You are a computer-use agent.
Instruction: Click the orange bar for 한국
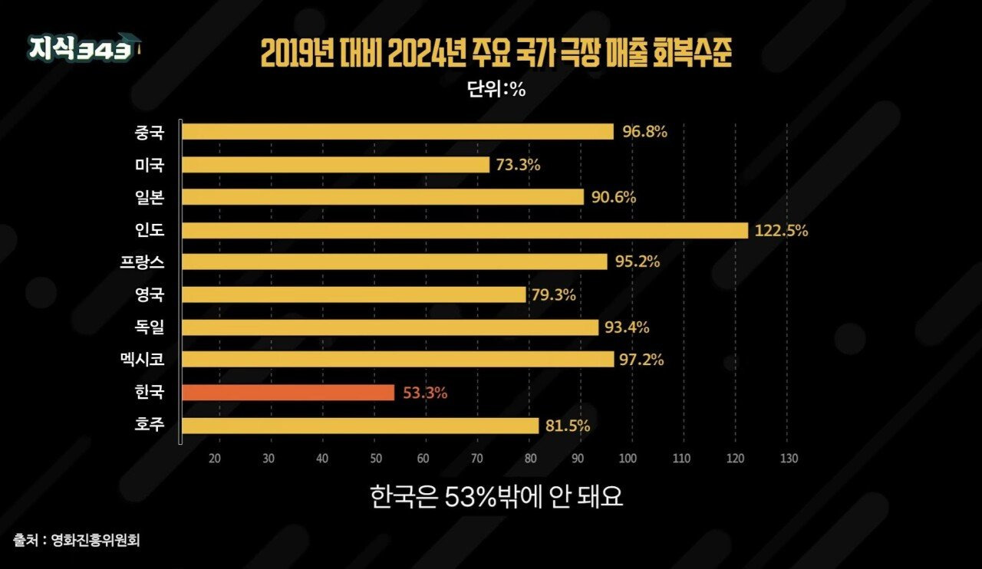click(288, 393)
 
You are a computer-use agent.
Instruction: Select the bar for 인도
click(464, 230)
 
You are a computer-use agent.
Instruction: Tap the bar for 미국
click(335, 165)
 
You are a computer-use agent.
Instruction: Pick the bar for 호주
click(360, 426)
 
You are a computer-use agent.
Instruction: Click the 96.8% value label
click(644, 131)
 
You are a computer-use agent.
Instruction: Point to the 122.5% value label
click(781, 230)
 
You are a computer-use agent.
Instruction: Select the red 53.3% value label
click(424, 393)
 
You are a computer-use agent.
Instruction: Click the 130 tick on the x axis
click(789, 459)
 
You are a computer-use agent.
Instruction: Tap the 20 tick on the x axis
click(215, 459)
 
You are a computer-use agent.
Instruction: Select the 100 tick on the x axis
click(628, 459)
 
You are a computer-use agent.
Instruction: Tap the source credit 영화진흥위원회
click(95, 540)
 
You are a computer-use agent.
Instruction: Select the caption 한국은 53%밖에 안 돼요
click(496, 497)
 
